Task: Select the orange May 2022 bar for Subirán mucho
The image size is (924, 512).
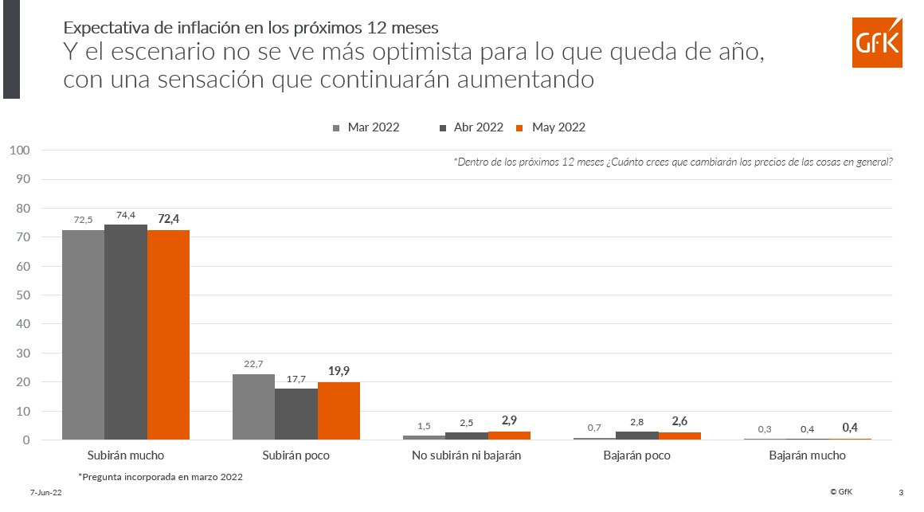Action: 168,334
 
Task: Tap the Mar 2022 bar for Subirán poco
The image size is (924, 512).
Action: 253,407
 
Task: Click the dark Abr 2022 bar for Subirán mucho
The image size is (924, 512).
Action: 126,332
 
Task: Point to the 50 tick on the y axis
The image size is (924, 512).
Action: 23,295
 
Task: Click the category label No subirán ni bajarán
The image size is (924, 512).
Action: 466,456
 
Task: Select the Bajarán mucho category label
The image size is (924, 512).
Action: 807,456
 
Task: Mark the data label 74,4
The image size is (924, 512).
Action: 126,215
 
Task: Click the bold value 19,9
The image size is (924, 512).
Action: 339,372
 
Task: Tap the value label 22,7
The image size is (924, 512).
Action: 253,365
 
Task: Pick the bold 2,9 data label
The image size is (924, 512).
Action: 510,420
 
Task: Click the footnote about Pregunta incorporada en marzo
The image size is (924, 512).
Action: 160,477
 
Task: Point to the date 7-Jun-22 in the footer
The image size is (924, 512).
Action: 46,494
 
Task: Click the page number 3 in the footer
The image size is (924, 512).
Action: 901,492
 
